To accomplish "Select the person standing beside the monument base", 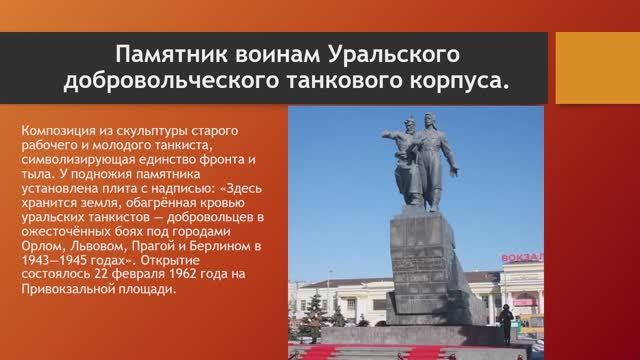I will (507, 322).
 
